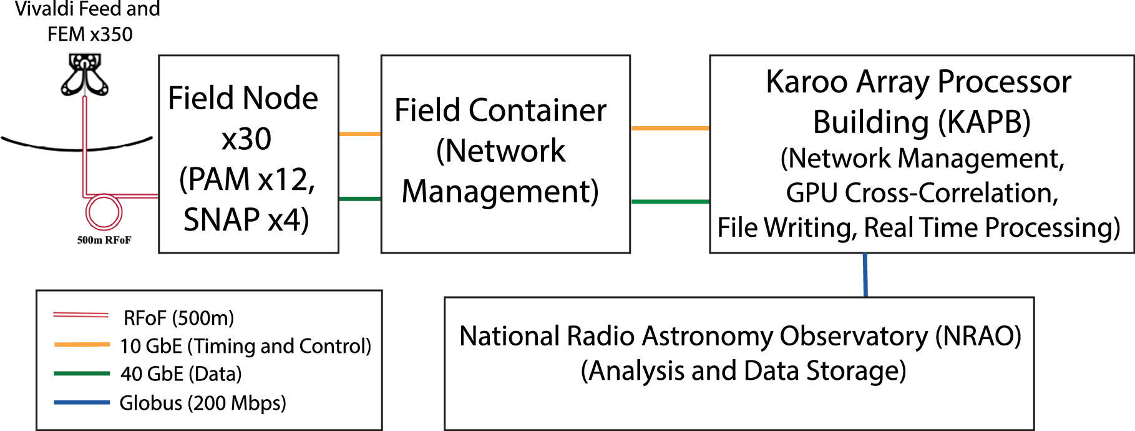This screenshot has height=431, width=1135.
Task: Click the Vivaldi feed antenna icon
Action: coord(84,74)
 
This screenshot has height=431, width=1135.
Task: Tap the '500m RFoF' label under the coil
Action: coord(104,240)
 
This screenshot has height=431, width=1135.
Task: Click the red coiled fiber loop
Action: coord(103,212)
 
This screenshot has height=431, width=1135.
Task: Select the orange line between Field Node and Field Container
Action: coord(359,134)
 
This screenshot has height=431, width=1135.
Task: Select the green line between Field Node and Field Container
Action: coord(359,199)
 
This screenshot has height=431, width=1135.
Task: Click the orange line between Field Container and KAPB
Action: coord(670,128)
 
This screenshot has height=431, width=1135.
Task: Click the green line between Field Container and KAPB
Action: coord(670,201)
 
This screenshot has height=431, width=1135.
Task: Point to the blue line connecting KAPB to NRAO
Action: coord(865,275)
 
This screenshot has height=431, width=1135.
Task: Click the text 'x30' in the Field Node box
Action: coord(246,139)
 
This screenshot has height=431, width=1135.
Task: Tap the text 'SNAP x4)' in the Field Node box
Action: coord(246,220)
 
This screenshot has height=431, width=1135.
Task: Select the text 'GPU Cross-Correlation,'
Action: coord(922,193)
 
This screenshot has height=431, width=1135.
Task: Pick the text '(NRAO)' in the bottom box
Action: coord(978,336)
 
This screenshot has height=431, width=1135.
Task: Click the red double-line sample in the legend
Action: coord(80,315)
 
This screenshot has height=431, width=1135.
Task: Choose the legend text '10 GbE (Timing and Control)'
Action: coord(245,346)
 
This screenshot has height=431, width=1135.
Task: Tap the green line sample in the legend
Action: coord(82,374)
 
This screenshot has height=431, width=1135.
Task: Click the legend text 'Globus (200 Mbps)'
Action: coord(203,403)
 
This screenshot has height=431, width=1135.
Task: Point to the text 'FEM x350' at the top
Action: coord(90,34)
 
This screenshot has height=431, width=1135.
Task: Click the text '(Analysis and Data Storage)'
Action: coord(743,371)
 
